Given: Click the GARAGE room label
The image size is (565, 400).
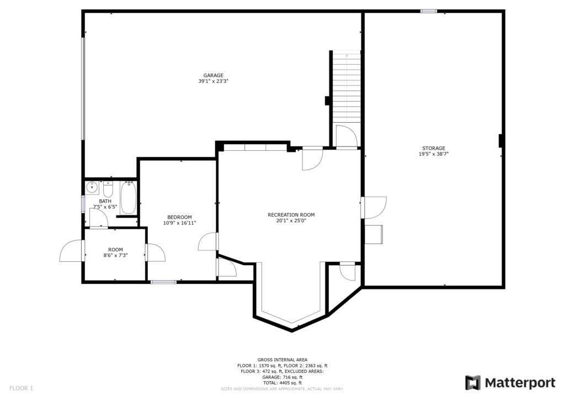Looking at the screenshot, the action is [x=214, y=75].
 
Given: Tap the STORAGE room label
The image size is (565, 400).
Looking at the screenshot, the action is [x=434, y=148].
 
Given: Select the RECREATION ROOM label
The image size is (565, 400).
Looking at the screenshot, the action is [x=291, y=215].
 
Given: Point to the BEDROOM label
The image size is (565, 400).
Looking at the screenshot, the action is [x=179, y=217].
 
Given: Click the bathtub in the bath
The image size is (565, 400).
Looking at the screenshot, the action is [x=128, y=198].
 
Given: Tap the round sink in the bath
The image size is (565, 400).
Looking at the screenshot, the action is [x=92, y=187].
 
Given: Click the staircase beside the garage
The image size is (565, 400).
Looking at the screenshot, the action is [x=347, y=87].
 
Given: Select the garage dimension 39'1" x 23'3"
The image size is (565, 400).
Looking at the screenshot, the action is [x=214, y=82].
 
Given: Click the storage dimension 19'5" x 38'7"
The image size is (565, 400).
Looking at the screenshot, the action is [x=434, y=154].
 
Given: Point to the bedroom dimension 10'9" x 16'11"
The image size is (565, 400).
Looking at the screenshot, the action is [x=179, y=223].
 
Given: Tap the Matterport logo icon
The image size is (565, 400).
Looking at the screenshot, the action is [x=473, y=383].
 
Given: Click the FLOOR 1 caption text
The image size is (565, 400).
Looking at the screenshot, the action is [x=21, y=388].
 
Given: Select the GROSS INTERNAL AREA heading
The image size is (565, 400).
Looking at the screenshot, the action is [x=282, y=360].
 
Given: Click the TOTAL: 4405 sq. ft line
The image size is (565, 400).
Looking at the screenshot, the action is [x=282, y=383].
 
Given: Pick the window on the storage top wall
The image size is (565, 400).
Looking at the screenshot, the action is [x=429, y=11].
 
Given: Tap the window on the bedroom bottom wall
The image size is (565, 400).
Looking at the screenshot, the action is [x=163, y=282].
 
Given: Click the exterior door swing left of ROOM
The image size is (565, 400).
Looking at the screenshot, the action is [x=71, y=251].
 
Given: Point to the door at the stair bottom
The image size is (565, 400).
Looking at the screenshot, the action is [x=347, y=136].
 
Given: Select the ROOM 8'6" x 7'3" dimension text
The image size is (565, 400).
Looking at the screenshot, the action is [x=116, y=255].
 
